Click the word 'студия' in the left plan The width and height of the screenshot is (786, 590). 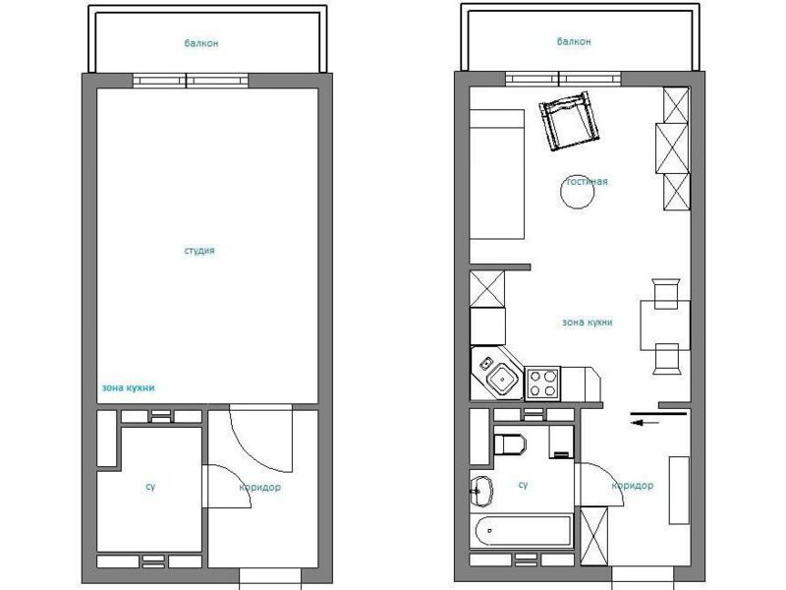pos(199,251)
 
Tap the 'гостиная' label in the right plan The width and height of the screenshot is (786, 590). pos(587,181)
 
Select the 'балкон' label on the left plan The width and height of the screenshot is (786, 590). pos(201,43)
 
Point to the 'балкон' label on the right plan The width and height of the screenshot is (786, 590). pos(574,41)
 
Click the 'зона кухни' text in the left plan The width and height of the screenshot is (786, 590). pos(129,387)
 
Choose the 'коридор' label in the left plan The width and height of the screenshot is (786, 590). pos(259,487)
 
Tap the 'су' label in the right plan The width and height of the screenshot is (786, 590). pos(523,485)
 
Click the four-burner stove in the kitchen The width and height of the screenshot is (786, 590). pos(543,383)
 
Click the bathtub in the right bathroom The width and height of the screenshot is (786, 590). pos(523,531)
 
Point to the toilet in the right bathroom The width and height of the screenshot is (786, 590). pos(510,444)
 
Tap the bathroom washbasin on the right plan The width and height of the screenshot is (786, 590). pos(481,491)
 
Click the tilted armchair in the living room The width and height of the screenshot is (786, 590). pos(569,121)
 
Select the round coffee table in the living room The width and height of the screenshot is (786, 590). pos(577,191)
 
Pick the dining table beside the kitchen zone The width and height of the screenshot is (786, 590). pos(665,325)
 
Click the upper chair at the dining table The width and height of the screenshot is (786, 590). pos(666,293)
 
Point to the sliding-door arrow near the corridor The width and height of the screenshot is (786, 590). pos(645,423)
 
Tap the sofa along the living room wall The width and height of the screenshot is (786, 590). pos(497,174)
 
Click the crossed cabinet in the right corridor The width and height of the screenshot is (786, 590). pos(594,536)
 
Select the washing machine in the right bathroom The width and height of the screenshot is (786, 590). pos(561,442)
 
